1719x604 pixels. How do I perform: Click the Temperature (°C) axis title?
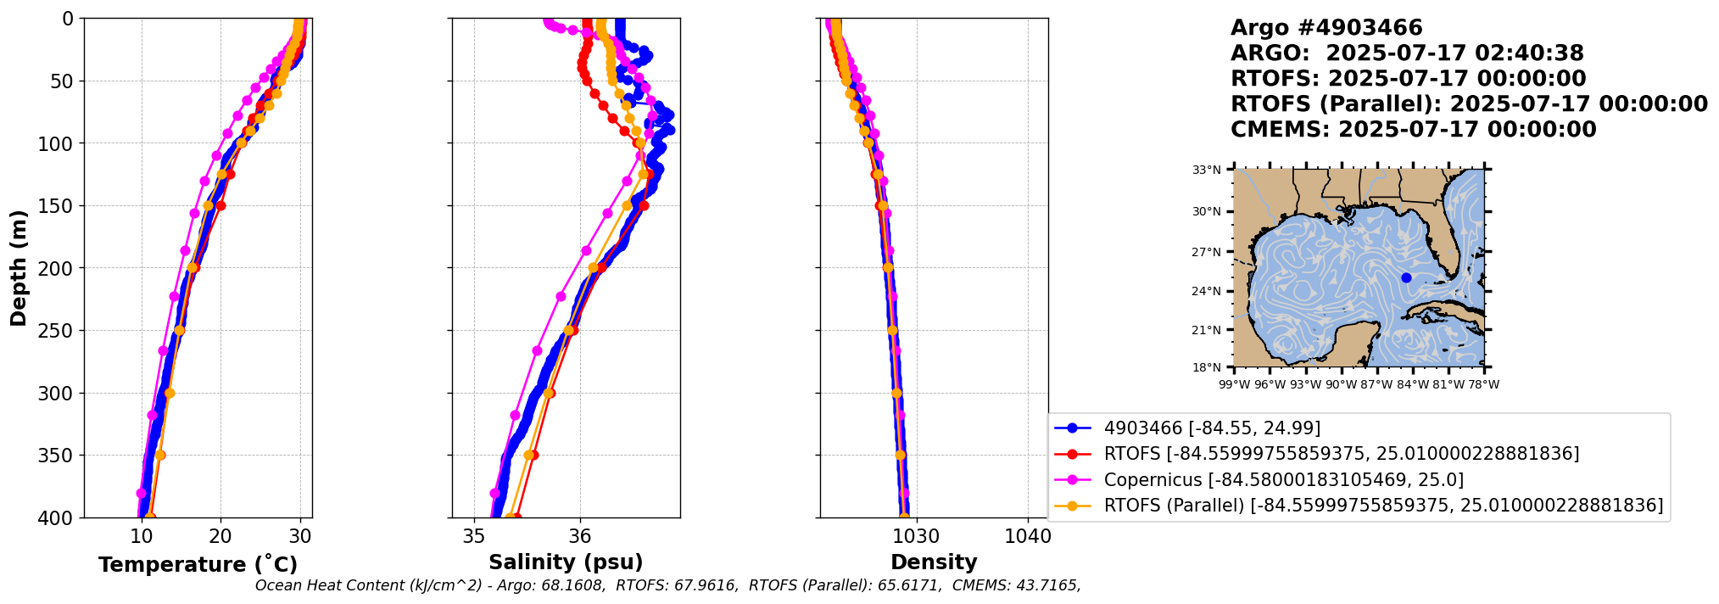198,564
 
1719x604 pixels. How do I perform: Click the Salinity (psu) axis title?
566,562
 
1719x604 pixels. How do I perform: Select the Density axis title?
934,562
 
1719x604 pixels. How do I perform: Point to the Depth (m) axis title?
19,268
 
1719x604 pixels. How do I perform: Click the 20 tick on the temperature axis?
220,536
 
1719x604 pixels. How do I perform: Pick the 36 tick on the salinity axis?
580,536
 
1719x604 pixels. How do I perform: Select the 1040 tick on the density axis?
1028,536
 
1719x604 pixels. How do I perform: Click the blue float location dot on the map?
1406,277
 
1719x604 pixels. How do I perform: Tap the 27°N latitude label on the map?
1207,252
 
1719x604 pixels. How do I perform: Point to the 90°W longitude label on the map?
1341,384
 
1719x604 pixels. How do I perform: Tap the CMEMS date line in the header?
1413,130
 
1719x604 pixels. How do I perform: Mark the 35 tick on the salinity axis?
474,536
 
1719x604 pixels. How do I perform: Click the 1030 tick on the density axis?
918,536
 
